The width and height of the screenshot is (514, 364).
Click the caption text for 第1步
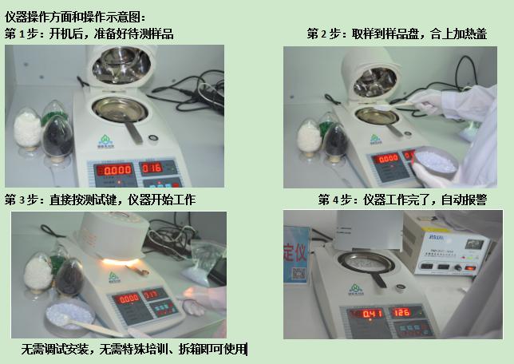(89, 34)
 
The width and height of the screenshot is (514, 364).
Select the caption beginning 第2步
(397, 34)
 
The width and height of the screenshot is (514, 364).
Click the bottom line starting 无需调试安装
(134, 349)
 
